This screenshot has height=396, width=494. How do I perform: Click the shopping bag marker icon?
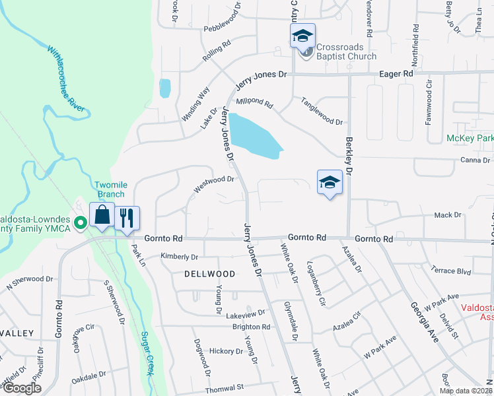pyautogui.click(x=102, y=215)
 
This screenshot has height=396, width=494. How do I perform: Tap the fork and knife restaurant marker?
pyautogui.click(x=127, y=218)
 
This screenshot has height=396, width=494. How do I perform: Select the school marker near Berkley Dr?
pyautogui.click(x=330, y=183)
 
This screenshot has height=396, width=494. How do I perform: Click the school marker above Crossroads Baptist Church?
pyautogui.click(x=302, y=36)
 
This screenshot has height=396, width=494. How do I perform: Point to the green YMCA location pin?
pyautogui.click(x=81, y=224)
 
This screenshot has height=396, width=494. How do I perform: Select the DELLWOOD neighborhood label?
pyautogui.click(x=209, y=273)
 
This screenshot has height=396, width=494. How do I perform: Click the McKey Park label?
pyautogui.click(x=470, y=139)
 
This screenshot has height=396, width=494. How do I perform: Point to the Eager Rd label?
pyautogui.click(x=396, y=74)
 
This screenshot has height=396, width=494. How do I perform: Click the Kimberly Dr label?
pyautogui.click(x=180, y=256)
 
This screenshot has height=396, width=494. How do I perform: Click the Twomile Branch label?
pyautogui.click(x=110, y=190)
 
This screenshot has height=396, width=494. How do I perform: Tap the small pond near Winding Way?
pyautogui.click(x=164, y=88)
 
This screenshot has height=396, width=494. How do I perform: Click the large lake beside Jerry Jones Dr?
pyautogui.click(x=255, y=135)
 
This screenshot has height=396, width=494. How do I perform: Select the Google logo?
pyautogui.click(x=21, y=387)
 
